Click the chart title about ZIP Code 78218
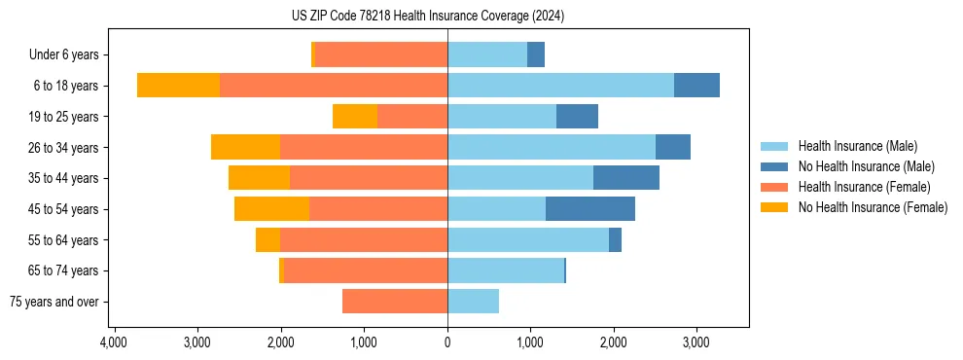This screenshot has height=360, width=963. [427, 17]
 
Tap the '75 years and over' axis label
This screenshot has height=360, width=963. [54, 302]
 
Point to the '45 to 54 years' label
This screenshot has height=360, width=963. [64, 209]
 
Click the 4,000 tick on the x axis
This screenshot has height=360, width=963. [114, 342]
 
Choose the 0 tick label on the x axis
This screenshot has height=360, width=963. [447, 342]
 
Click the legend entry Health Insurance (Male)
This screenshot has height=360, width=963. [857, 146]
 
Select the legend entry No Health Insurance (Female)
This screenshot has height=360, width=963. [873, 207]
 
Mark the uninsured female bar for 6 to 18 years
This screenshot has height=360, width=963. [178, 86]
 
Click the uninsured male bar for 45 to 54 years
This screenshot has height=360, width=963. [590, 209]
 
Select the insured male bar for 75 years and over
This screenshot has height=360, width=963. [473, 302]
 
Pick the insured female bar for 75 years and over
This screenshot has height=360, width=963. [395, 302]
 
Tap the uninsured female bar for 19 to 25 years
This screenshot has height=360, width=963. [355, 117]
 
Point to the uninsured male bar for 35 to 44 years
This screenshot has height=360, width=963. [626, 178]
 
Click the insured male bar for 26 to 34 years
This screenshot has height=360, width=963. [552, 147]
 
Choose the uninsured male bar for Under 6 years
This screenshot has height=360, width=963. [536, 55]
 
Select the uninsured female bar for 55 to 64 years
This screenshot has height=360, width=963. [267, 240]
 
